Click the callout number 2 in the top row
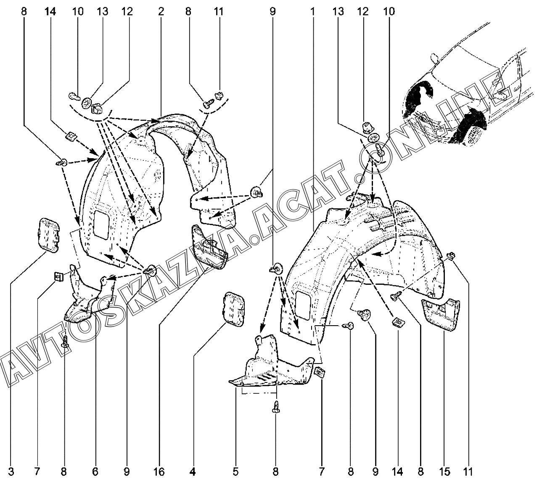coord(161,12)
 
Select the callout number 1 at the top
coord(312,12)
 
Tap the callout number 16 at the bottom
coord(159,472)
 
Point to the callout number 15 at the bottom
coord(444,472)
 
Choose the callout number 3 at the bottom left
coord(11,472)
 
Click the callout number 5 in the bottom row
coord(235,472)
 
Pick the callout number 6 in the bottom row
coord(95,472)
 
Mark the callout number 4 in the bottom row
coord(193,472)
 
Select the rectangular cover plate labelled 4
coord(233,309)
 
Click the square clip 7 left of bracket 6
coord(58,276)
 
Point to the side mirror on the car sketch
coord(434,58)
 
